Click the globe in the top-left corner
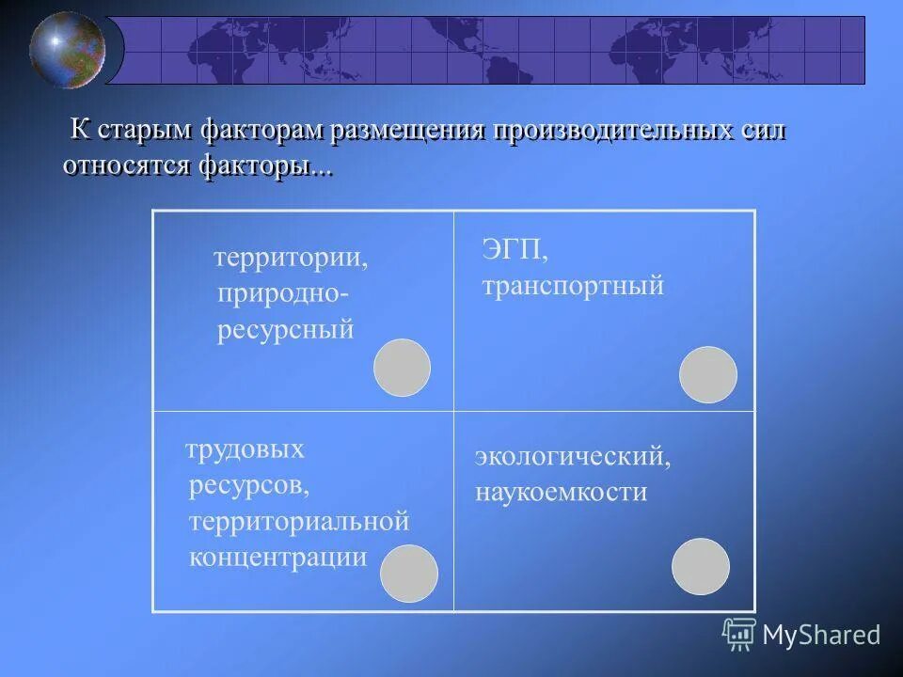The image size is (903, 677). click(68, 49)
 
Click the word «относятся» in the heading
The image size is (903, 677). click(127, 165)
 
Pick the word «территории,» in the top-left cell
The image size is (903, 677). click(291, 258)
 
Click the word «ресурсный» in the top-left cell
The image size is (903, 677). click(286, 330)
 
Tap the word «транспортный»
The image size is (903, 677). click(573, 285)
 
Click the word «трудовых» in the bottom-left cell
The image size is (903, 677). click(246, 449)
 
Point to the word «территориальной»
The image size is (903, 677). click(300, 521)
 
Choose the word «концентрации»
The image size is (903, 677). click(278, 557)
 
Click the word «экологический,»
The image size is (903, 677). click(573, 457)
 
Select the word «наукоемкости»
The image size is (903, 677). click(561, 492)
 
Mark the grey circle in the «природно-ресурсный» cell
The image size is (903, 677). click(402, 368)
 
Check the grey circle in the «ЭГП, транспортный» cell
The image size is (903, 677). click(707, 374)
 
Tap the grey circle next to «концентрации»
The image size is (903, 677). click(408, 574)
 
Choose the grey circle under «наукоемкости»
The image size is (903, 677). click(701, 566)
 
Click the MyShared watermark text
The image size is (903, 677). click(820, 635)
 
